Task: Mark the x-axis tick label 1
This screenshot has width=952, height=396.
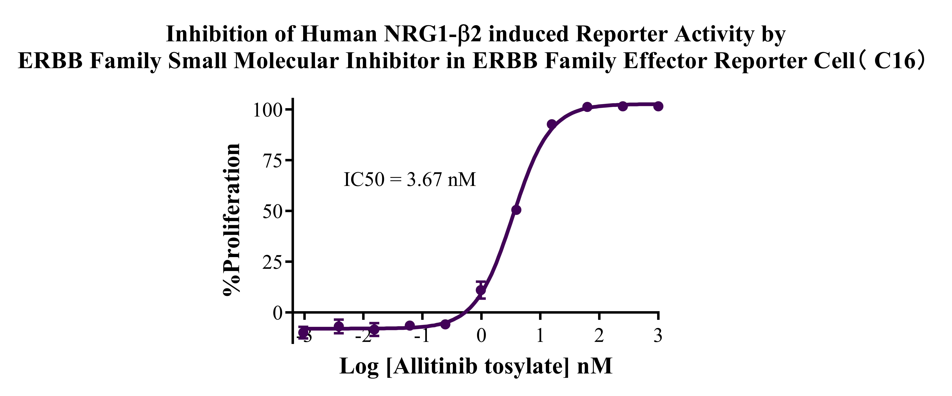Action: tap(540, 335)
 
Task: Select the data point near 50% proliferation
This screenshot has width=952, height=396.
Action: tap(516, 210)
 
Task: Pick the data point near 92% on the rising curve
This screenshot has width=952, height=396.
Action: tap(552, 124)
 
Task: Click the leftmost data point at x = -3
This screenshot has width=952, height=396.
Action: tap(303, 332)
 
